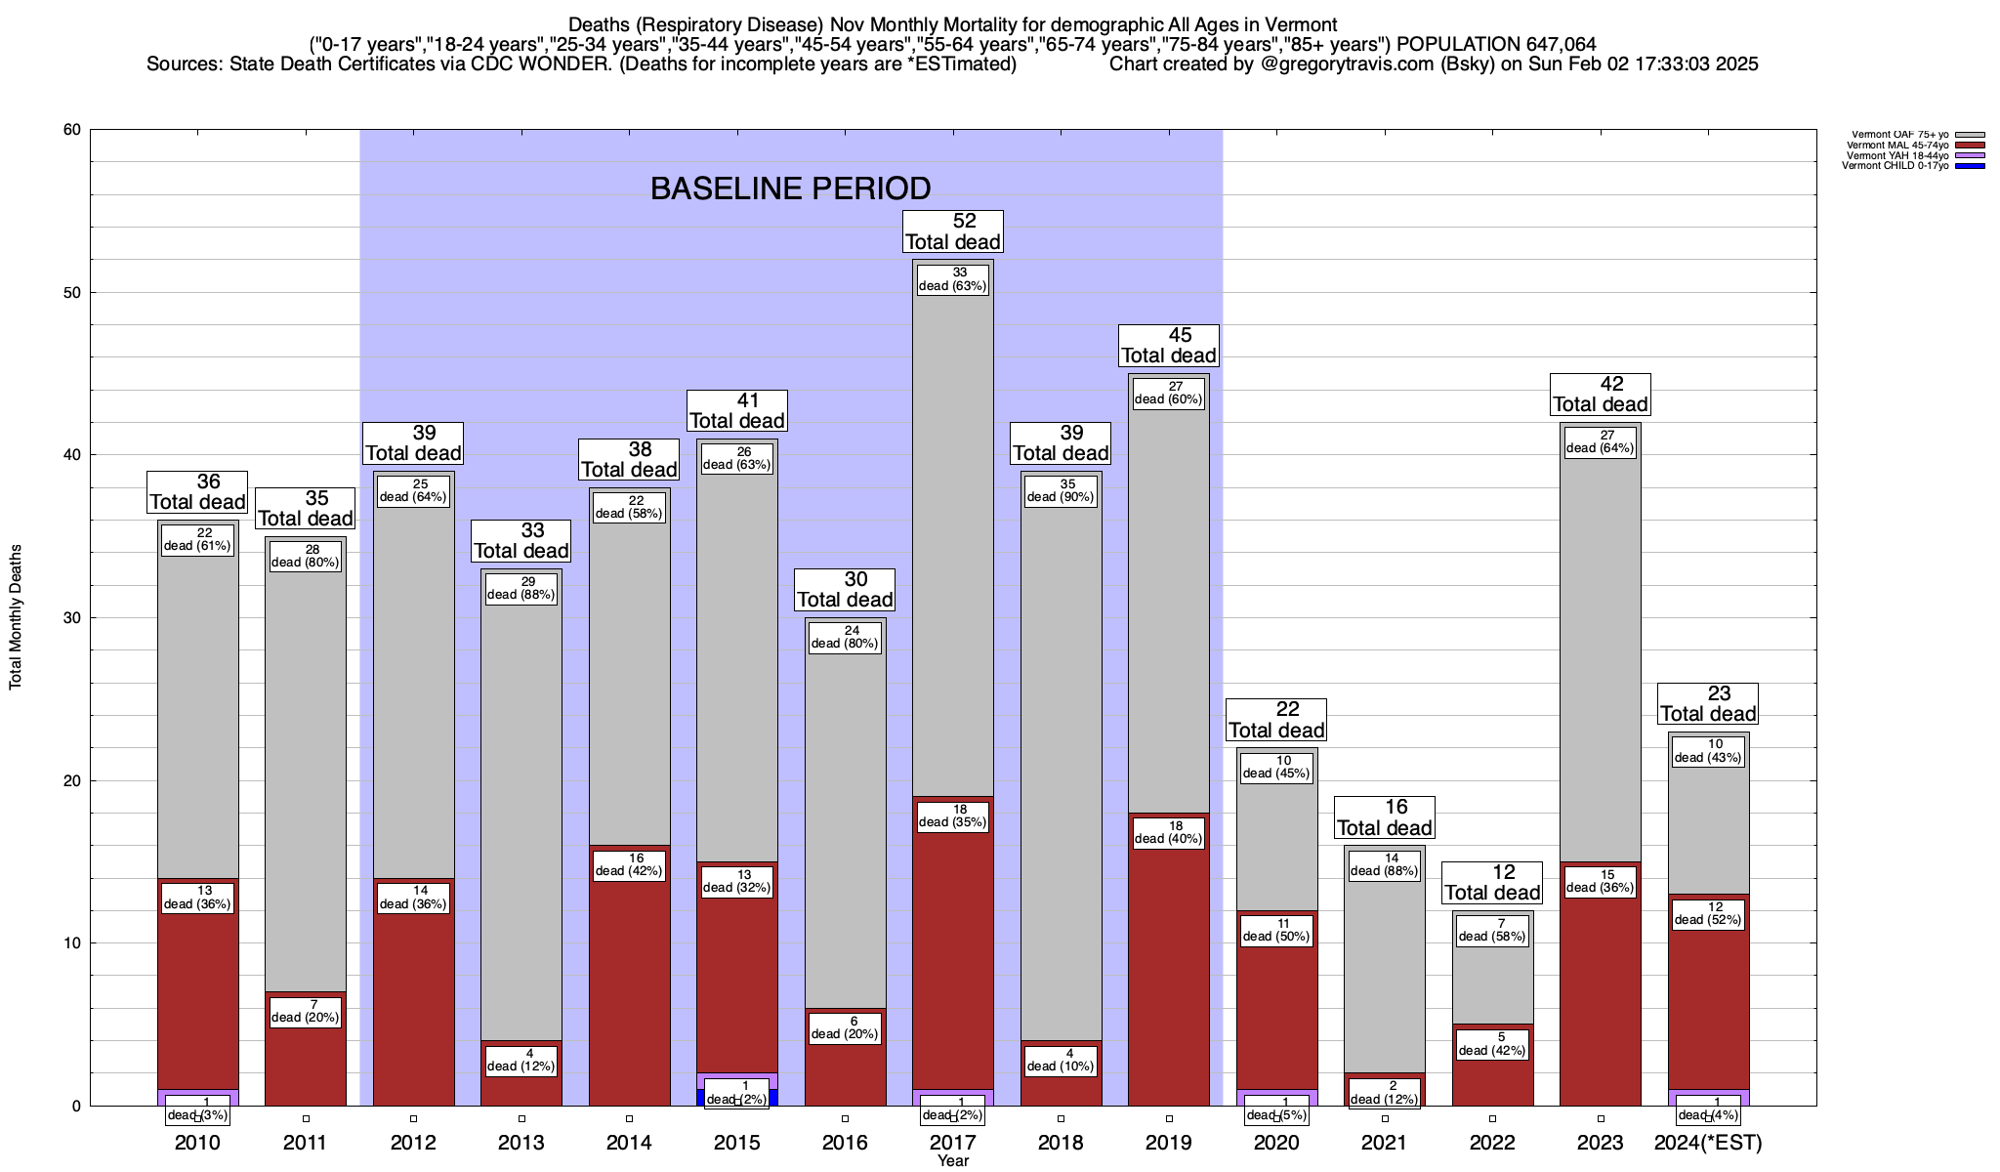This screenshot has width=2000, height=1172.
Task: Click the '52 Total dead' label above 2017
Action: coord(952,231)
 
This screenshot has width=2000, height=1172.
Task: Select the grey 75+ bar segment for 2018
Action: coord(1061,762)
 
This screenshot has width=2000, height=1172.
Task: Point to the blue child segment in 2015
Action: coord(701,1097)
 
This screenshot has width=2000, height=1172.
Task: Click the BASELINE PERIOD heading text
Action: coord(790,188)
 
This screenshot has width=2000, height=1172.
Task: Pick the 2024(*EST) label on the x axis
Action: coord(1708,1143)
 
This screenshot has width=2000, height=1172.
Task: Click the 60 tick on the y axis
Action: coord(71,130)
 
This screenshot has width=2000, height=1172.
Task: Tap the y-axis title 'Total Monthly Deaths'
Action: coord(16,617)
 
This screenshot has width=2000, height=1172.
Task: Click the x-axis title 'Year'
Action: coord(952,1161)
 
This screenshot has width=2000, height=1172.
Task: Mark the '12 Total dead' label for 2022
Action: coord(1492,883)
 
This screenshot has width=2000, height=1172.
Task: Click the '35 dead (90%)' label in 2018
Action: coord(1061,490)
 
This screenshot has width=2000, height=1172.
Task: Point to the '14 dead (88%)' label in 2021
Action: coord(1384,864)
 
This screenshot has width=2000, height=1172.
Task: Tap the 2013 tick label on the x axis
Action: coord(521,1143)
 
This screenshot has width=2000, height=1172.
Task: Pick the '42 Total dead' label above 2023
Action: coord(1600,395)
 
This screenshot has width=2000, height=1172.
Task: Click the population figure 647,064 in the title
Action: coord(1545,44)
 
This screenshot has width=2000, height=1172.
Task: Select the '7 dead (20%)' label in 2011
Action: coord(305,1011)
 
